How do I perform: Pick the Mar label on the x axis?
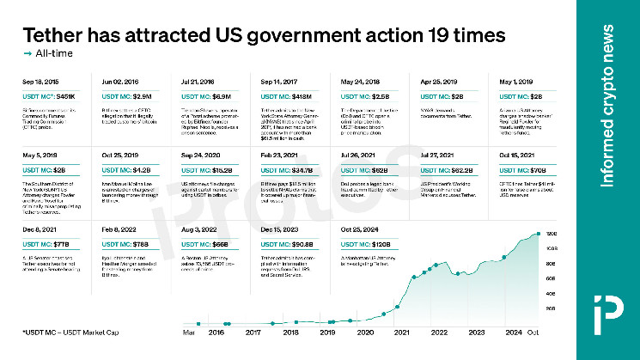(188, 331)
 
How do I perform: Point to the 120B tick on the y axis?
(551, 234)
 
